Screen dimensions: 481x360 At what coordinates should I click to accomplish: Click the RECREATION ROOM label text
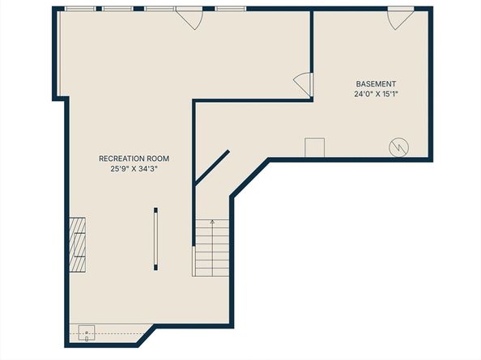tap(134, 159)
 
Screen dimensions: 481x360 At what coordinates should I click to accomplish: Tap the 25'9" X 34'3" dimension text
tap(134, 168)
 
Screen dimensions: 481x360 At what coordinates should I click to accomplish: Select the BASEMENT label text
tap(376, 84)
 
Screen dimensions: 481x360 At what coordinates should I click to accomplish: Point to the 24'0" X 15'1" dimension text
tap(376, 94)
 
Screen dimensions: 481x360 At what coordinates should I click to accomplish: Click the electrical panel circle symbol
tap(398, 147)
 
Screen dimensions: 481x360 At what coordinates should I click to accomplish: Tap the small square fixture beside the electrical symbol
tap(314, 147)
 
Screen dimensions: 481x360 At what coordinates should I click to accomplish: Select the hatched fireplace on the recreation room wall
tap(77, 245)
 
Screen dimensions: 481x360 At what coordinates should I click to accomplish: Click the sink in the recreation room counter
tap(87, 333)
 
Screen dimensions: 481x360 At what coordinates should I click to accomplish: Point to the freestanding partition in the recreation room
tap(155, 239)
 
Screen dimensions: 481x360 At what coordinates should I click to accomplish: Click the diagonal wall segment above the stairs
tap(211, 167)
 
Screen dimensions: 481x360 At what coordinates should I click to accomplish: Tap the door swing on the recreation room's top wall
tap(189, 19)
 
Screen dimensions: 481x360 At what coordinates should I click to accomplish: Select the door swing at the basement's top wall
tap(401, 19)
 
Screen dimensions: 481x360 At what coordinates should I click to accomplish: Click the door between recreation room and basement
tap(304, 85)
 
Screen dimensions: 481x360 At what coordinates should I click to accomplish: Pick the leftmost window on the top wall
tap(80, 9)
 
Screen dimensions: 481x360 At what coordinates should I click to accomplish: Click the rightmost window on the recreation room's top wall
tap(230, 9)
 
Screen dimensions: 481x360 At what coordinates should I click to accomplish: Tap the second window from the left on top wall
tap(117, 9)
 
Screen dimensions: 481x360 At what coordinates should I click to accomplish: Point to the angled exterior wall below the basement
tap(249, 178)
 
